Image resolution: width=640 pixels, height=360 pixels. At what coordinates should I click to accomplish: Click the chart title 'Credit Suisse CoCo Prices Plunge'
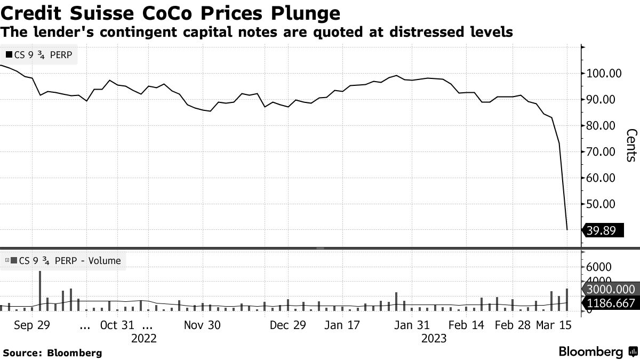click(171, 12)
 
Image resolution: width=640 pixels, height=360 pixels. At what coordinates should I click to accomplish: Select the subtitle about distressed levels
click(257, 32)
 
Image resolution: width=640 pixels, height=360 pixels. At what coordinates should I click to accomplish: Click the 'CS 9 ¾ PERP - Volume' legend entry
click(63, 261)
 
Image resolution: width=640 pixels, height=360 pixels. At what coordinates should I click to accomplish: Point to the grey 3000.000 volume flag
click(611, 289)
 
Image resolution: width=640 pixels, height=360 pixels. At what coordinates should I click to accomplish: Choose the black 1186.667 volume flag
click(611, 303)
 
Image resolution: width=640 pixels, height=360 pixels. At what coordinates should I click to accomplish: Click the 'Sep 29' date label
click(32, 325)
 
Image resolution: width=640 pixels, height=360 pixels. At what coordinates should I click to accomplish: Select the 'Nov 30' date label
click(202, 325)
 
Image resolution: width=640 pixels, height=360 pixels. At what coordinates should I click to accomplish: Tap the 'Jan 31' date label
click(411, 325)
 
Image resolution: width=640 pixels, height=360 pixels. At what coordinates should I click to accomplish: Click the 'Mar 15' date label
click(553, 325)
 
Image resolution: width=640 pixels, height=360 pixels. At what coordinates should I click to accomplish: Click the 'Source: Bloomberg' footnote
click(52, 353)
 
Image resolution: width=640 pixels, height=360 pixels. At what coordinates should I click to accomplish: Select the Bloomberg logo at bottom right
click(597, 352)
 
